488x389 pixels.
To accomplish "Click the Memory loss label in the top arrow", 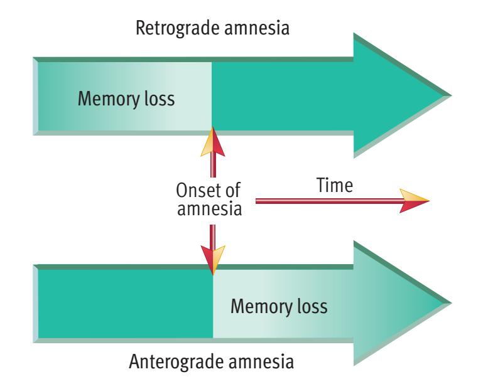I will coord(125,99).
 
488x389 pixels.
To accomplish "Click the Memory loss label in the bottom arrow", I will coord(279,307).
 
